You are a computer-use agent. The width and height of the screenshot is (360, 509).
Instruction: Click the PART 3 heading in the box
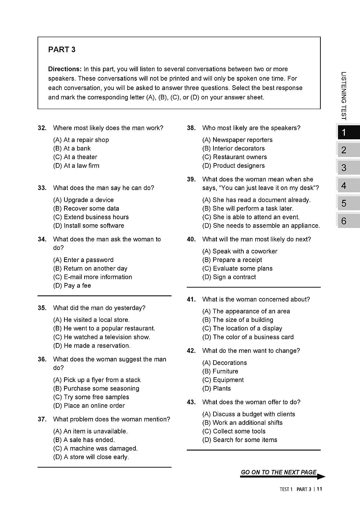point(62,50)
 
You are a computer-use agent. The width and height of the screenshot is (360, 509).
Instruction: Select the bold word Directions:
point(65,69)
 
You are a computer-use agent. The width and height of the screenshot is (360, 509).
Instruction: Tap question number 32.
point(42,128)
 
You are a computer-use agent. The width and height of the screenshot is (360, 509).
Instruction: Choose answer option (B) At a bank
point(72,148)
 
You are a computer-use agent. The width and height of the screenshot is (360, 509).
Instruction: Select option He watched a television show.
point(102,337)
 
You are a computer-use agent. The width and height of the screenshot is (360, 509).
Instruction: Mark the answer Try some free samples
point(91,397)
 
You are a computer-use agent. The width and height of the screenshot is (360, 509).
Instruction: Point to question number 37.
point(42,419)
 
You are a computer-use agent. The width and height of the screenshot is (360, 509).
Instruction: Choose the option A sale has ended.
point(84,440)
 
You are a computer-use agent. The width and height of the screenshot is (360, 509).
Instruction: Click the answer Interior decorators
point(233,148)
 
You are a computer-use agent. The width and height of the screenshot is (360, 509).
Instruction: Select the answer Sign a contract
point(229,277)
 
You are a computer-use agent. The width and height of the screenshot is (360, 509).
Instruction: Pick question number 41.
point(191,299)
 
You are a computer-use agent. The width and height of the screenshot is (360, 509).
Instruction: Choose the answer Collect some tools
point(234,431)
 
